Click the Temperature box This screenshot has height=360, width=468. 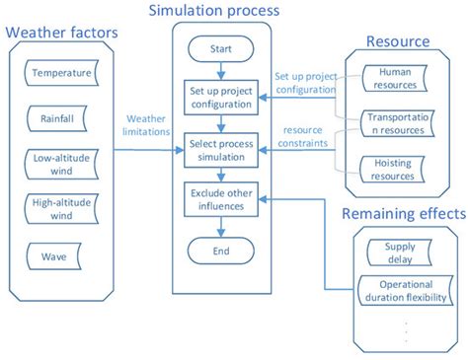(61, 74)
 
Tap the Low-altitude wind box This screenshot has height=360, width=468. (61, 163)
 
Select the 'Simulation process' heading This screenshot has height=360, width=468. (213, 11)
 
